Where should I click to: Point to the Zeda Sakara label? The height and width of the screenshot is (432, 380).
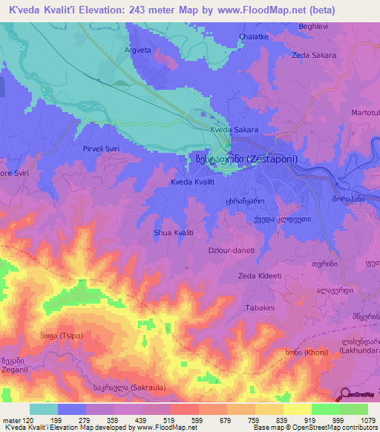pos(314,55)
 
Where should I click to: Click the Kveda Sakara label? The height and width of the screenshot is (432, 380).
pos(234,129)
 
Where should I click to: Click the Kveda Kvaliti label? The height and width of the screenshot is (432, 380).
pos(192,182)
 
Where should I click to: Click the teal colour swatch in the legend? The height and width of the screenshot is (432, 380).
pos(43,409)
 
